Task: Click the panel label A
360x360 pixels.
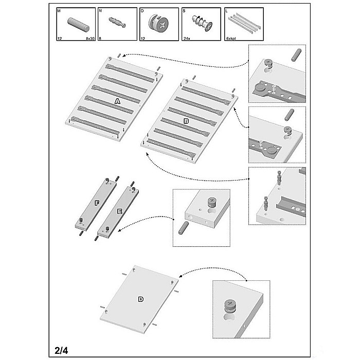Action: [x=117, y=101]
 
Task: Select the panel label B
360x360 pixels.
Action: [x=186, y=121]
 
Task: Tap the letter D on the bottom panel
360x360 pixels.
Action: [x=141, y=299]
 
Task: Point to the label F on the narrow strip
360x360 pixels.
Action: [x=97, y=203]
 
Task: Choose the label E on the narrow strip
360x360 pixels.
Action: [x=120, y=211]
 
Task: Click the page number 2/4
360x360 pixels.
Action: [x=61, y=351]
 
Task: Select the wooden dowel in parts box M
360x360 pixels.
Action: [x=78, y=25]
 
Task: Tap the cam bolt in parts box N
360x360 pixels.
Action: [x=117, y=22]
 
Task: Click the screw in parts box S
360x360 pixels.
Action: [x=202, y=22]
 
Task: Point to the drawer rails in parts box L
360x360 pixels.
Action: [x=244, y=23]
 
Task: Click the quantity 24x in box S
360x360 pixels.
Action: [x=187, y=39]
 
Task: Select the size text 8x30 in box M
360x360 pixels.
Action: [x=90, y=39]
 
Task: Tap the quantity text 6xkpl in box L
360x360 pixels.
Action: [x=231, y=39]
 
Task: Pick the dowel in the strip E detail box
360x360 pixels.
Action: [x=184, y=228]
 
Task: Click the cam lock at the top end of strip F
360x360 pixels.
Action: [x=107, y=180]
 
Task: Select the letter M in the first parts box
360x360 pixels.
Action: [x=59, y=11]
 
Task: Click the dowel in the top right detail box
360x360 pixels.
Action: [x=296, y=55]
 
